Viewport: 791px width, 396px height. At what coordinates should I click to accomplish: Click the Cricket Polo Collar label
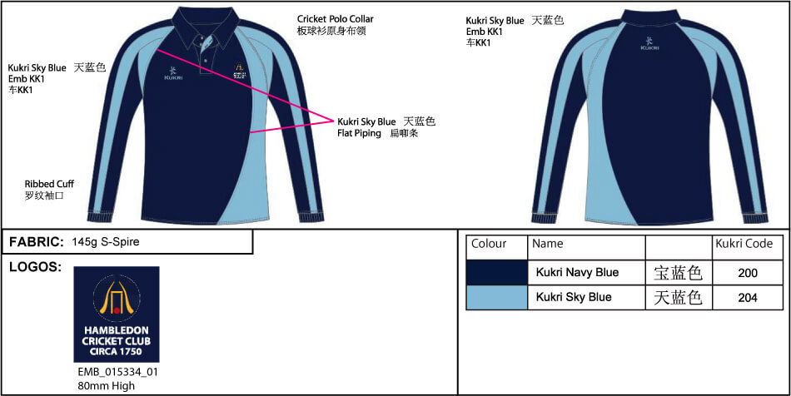click(x=336, y=18)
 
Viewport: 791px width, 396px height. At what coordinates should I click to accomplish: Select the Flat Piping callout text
click(x=359, y=133)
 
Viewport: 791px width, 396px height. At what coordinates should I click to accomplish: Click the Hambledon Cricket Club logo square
click(x=117, y=314)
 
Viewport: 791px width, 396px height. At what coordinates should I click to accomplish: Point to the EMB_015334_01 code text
click(x=116, y=372)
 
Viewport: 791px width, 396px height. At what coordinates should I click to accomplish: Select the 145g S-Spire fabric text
click(x=106, y=242)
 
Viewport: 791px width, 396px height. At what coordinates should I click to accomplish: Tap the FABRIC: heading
click(x=37, y=242)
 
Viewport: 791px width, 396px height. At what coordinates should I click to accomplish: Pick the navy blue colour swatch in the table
click(x=497, y=272)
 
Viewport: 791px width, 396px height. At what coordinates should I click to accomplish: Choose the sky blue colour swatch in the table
click(x=497, y=297)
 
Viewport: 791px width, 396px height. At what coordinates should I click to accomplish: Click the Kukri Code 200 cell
click(x=748, y=273)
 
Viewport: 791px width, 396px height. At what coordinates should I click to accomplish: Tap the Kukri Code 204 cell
click(x=748, y=298)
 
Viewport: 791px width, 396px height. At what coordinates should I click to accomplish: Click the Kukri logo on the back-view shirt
click(x=650, y=43)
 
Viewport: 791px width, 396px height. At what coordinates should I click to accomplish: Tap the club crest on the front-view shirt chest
click(x=239, y=72)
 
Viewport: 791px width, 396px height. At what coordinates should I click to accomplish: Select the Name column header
click(x=547, y=245)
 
